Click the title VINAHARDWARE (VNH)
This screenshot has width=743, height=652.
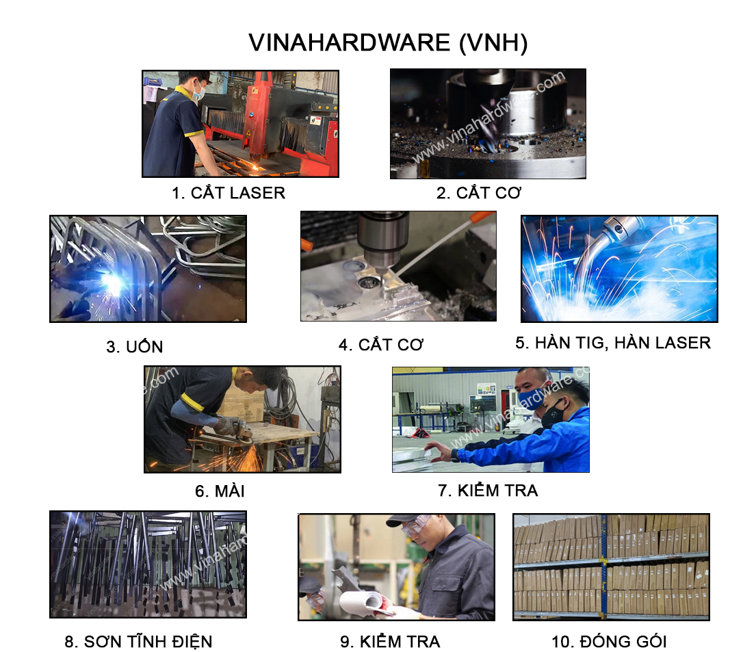coord(388,43)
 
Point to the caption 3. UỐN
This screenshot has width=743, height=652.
coord(135,346)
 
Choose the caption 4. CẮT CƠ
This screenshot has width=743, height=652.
coord(381,344)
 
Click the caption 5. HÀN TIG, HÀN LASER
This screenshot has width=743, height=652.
coord(613,343)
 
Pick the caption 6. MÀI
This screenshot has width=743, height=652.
coord(220,491)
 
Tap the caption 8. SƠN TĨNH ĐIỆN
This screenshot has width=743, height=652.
coord(138,641)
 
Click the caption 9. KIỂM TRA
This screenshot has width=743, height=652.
coord(390,641)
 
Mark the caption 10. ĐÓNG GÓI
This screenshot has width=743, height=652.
coord(609,641)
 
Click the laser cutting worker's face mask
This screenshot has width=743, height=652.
coord(200,92)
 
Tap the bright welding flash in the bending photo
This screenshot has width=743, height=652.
coord(113,284)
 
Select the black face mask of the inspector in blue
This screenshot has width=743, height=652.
coord(553,413)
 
